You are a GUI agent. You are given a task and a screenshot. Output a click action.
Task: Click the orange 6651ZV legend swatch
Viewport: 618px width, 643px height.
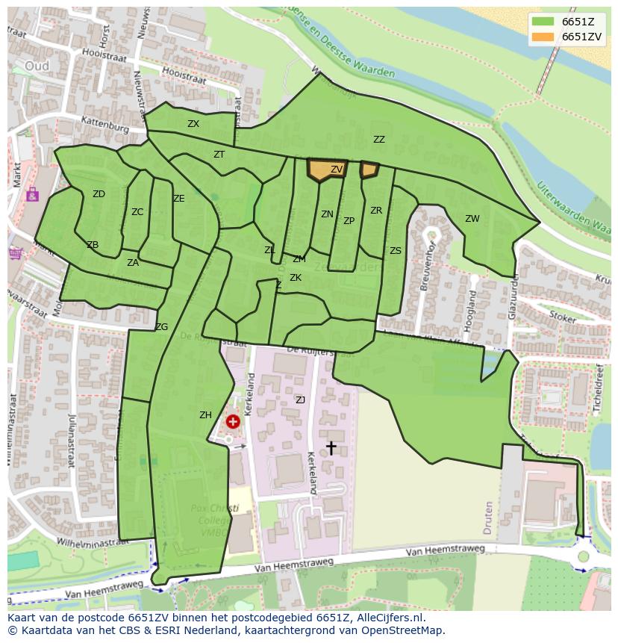pyautogui.click(x=543, y=37)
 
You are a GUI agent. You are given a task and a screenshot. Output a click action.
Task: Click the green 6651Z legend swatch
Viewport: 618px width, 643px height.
pyautogui.click(x=543, y=22)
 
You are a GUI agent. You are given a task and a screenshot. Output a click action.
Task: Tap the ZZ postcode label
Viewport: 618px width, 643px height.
pyautogui.click(x=379, y=140)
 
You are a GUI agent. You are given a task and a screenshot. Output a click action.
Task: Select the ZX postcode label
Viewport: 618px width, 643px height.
pyautogui.click(x=193, y=124)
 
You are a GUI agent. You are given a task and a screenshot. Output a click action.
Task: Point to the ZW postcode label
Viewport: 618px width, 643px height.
pyautogui.click(x=472, y=219)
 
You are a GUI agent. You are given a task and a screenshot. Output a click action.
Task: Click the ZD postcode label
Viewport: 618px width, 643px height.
pyautogui.click(x=99, y=194)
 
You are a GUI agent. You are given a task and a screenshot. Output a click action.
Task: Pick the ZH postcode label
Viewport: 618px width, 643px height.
pyautogui.click(x=205, y=415)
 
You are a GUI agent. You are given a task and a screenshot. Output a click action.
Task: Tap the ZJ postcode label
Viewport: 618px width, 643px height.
pyautogui.click(x=300, y=400)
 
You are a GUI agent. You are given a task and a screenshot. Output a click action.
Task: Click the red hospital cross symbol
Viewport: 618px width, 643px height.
pyautogui.click(x=233, y=422)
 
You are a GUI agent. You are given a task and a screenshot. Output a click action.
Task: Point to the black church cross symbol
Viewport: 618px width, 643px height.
pyautogui.click(x=331, y=447)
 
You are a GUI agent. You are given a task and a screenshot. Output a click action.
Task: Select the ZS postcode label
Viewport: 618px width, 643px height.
pyautogui.click(x=395, y=251)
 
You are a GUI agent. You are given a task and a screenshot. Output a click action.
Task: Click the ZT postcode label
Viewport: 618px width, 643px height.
pyautogui.click(x=219, y=155)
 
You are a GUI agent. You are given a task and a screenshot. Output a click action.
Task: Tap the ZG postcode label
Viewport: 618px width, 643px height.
pyautogui.click(x=161, y=327)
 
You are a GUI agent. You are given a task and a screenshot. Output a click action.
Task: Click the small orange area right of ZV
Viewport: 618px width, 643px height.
pyautogui.click(x=369, y=170)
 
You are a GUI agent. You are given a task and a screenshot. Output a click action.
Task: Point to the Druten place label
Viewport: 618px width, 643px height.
pyautogui.click(x=488, y=515)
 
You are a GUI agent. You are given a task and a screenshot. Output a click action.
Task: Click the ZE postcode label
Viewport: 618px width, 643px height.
pyautogui.click(x=178, y=199)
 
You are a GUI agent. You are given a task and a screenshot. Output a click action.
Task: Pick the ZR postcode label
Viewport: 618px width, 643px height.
pyautogui.click(x=376, y=211)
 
